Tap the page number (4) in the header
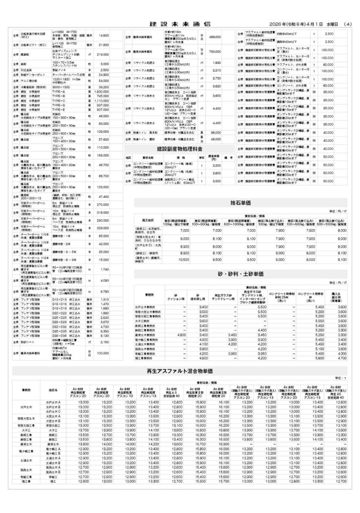coord(348,24)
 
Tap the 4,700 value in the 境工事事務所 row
coord(342,358)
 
